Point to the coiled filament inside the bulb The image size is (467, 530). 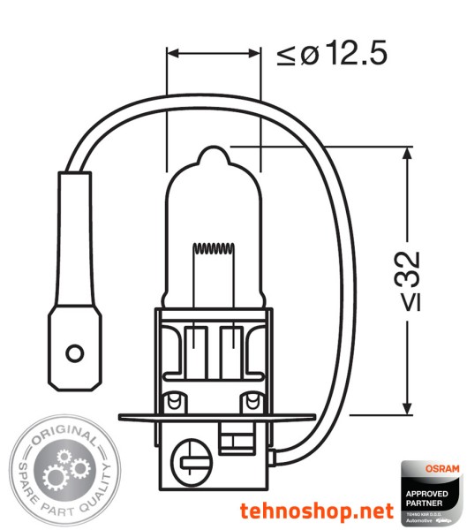click(x=215, y=250)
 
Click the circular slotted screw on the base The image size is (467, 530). click(x=192, y=461)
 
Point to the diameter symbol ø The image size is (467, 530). click(x=308, y=54)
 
